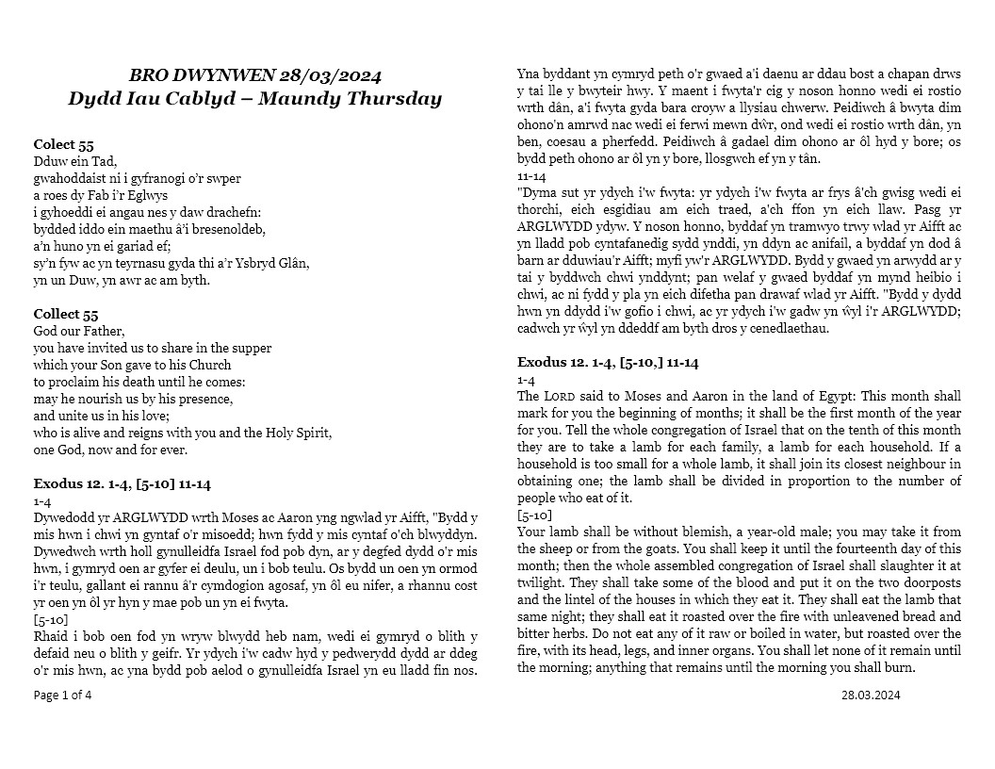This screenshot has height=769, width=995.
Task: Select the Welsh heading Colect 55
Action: tap(63, 144)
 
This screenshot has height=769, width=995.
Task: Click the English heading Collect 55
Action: tap(66, 314)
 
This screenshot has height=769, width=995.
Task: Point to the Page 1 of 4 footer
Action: tap(63, 695)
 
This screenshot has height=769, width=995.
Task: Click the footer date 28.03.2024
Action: tap(872, 695)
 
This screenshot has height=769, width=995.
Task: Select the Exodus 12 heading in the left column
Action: tap(122, 484)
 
